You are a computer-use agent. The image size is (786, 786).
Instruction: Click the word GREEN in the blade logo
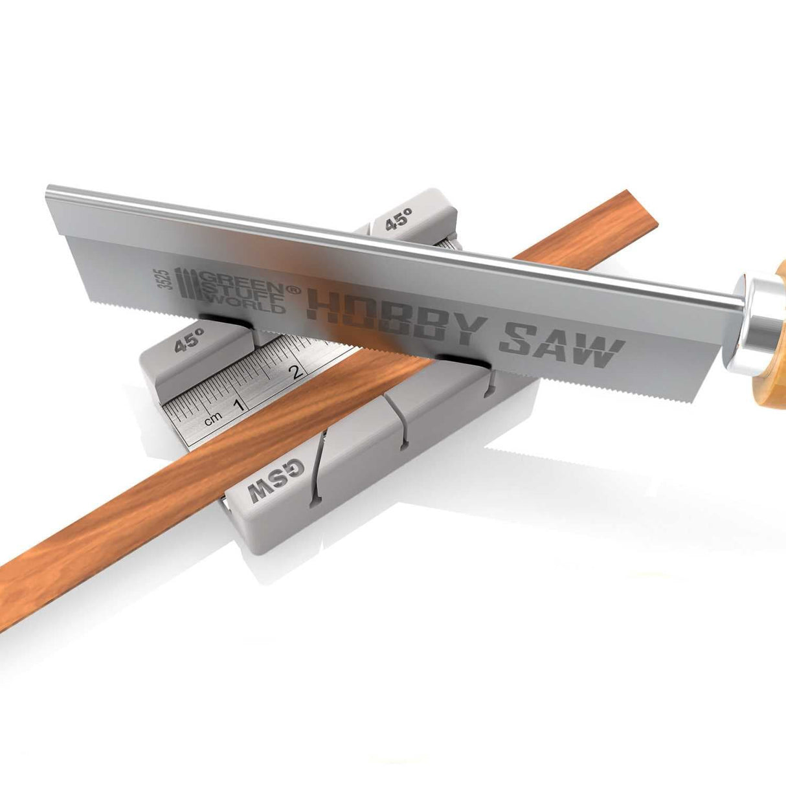coord(241,279)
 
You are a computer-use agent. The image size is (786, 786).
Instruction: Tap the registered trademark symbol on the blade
coord(293,291)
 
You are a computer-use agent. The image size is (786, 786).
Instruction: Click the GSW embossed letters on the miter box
coord(276,480)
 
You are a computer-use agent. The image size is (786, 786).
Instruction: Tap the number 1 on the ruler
coord(239,405)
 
